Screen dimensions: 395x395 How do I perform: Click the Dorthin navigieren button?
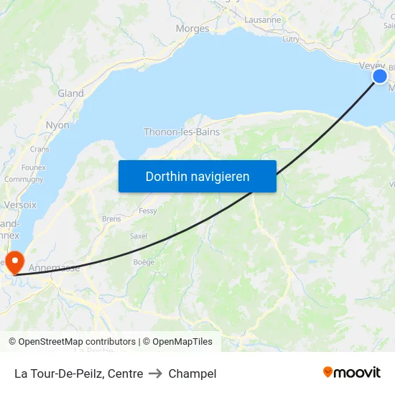point(197,176)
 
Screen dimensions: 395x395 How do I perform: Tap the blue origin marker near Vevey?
point(380,77)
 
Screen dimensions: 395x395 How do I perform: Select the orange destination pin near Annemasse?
point(14,261)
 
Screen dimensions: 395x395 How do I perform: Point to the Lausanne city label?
point(263,20)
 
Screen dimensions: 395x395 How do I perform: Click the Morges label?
point(192,29)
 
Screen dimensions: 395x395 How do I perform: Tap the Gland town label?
point(71,93)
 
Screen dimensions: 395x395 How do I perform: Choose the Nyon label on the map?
point(57,125)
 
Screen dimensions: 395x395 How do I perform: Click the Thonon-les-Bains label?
point(182,132)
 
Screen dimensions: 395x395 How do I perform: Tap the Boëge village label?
point(144,262)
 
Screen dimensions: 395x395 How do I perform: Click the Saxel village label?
point(138,236)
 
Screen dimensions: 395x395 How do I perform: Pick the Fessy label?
point(148,211)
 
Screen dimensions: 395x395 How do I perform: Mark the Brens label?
point(111,218)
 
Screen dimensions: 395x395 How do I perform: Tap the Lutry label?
point(291,39)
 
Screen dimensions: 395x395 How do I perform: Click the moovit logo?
point(351,373)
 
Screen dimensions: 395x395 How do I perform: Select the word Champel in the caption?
point(192,373)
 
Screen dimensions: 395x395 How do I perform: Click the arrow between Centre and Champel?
point(156,373)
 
